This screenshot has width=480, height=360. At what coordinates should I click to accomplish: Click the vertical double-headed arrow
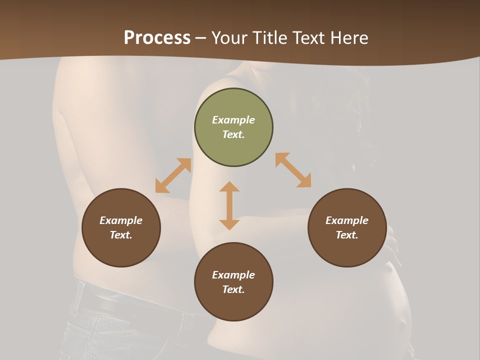point(229,205)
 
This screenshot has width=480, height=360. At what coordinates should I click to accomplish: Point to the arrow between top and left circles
point(173,175)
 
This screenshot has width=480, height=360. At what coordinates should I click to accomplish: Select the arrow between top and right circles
point(293,170)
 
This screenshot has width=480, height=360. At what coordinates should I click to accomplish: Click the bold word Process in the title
point(157,38)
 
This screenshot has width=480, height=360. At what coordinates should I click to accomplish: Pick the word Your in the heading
point(228,38)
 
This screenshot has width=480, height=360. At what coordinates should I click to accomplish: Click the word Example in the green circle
point(233,120)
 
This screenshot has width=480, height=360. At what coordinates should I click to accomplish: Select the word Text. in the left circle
point(121,235)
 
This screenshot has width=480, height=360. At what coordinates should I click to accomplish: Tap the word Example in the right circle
point(347,220)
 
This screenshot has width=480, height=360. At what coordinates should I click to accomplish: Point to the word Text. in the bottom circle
point(233,289)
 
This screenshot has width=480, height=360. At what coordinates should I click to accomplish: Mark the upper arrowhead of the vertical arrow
point(229,186)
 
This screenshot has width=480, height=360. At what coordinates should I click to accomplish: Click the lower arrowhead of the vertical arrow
point(229,224)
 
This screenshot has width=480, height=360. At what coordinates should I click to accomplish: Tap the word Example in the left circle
point(121,220)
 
